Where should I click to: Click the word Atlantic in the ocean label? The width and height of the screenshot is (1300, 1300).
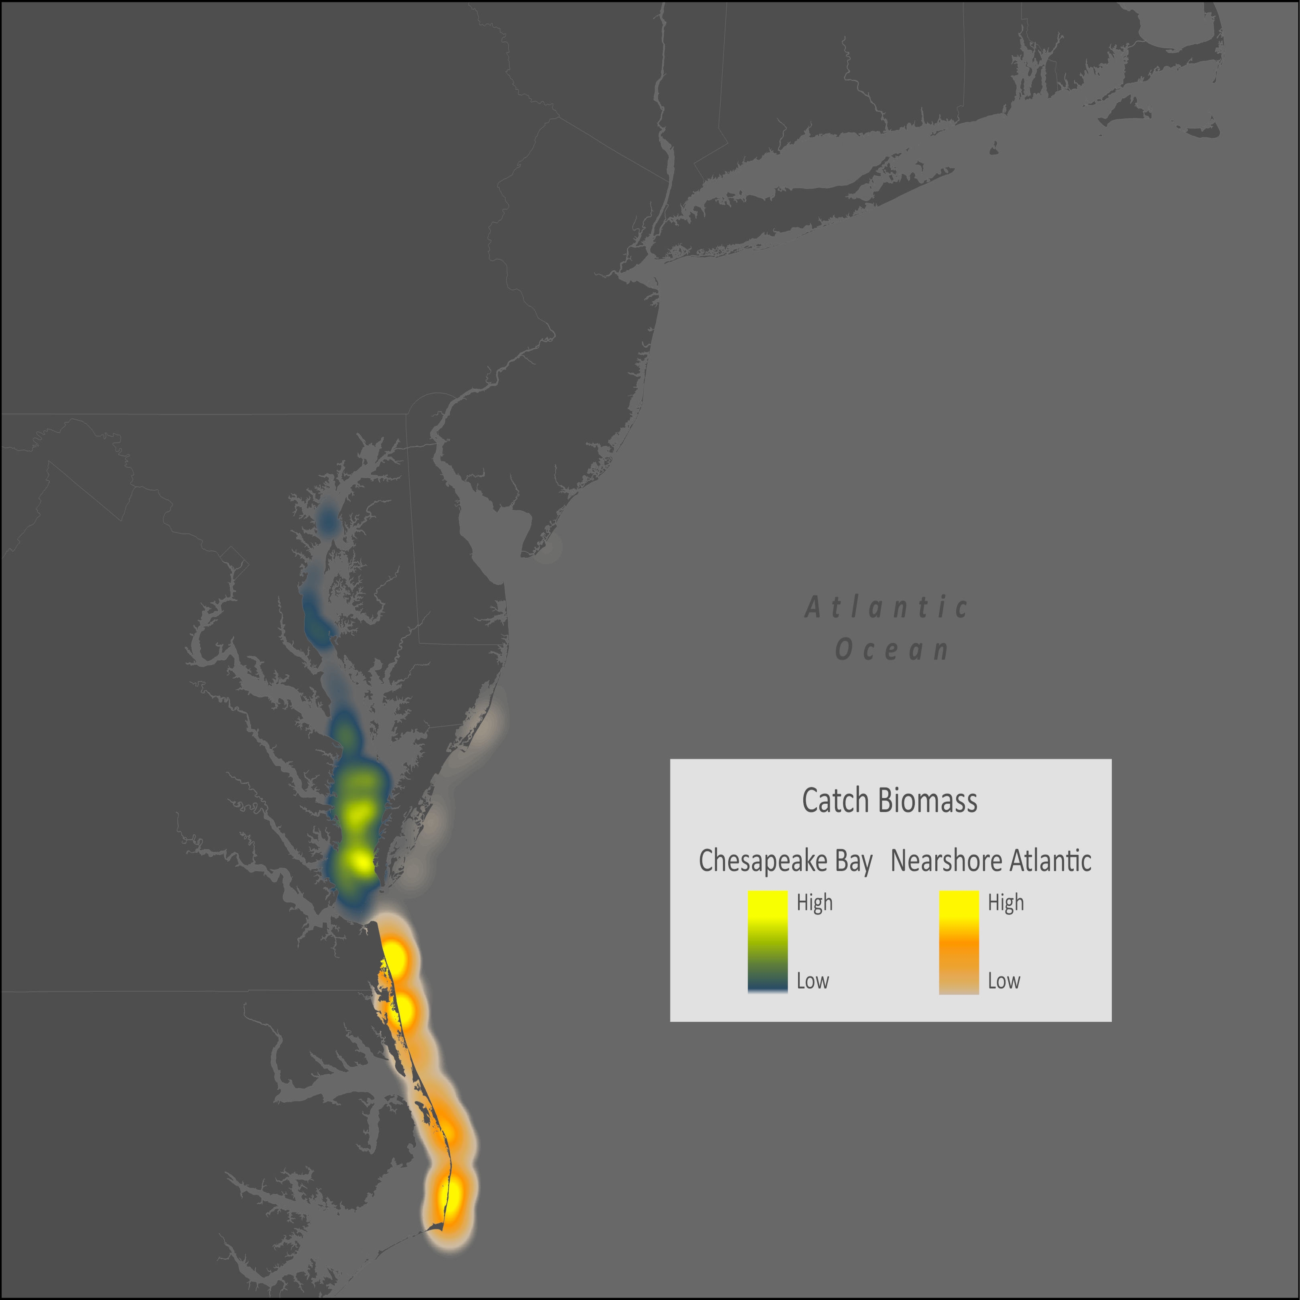(x=886, y=607)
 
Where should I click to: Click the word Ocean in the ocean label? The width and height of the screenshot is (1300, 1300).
(x=892, y=650)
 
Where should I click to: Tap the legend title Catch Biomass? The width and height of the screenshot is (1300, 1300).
(x=890, y=801)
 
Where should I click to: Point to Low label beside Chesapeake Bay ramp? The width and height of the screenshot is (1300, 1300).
(x=812, y=981)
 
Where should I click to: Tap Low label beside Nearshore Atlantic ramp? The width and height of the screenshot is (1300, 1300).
(x=1003, y=981)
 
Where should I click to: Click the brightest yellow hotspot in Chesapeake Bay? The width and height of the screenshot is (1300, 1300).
(x=362, y=862)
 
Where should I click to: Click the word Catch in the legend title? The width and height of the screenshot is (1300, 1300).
(x=835, y=801)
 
